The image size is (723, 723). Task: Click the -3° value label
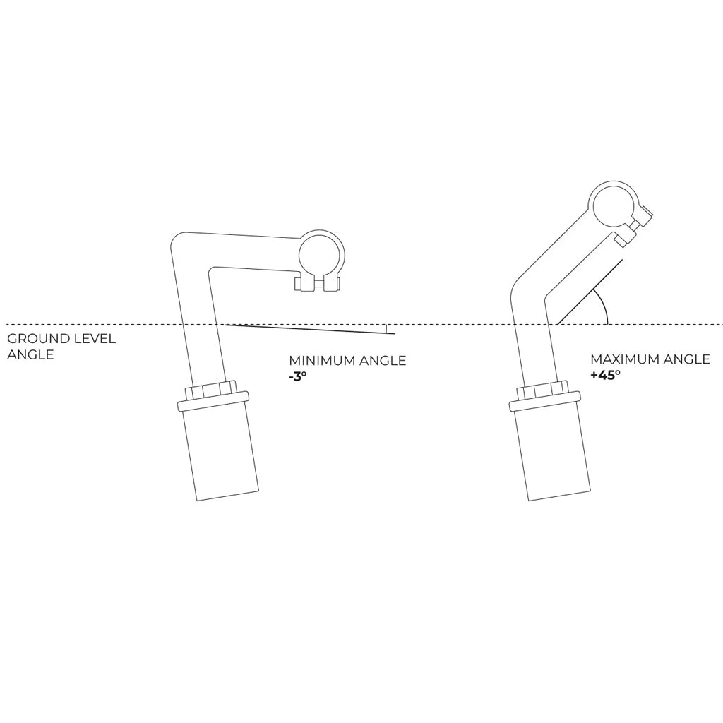coord(297,376)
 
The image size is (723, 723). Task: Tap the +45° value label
coord(605,375)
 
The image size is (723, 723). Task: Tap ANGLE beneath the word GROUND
coord(30,354)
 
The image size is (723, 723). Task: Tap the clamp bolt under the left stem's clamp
coord(318,284)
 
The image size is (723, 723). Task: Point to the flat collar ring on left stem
coord(213,401)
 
